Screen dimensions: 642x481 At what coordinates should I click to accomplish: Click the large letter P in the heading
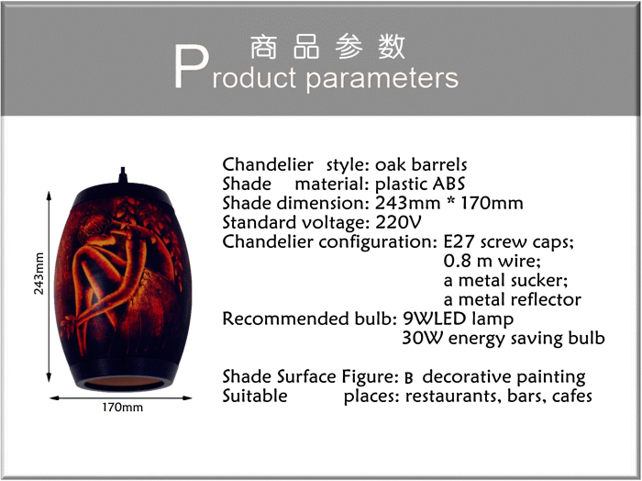click(x=192, y=66)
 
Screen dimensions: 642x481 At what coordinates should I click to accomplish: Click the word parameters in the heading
click(x=382, y=78)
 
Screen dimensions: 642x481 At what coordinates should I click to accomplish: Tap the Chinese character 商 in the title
click(x=263, y=47)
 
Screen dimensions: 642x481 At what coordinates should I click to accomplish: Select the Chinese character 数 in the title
click(x=392, y=47)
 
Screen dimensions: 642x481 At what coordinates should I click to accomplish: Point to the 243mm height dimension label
click(x=39, y=274)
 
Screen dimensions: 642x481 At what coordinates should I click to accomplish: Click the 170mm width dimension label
click(x=122, y=408)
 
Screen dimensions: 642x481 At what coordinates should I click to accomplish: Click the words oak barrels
click(x=421, y=164)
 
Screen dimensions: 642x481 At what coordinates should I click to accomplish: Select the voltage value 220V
click(x=398, y=222)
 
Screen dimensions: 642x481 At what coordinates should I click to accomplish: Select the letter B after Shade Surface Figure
click(x=408, y=378)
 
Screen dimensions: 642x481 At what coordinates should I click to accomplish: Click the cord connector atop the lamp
click(x=122, y=175)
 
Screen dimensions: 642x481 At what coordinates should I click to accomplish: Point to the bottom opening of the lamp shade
click(x=124, y=382)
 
